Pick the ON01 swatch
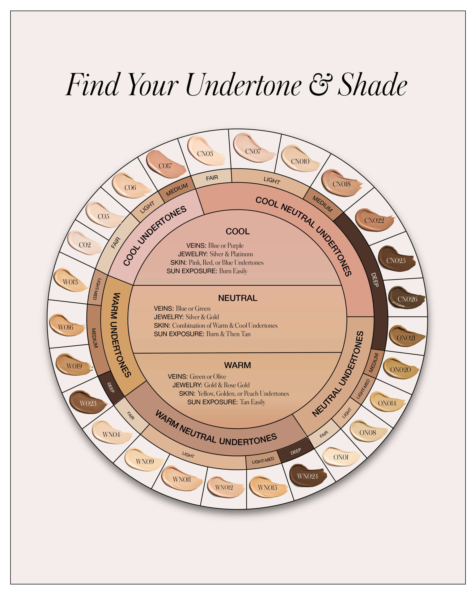pyautogui.click(x=341, y=457)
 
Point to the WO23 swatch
pyautogui.click(x=88, y=403)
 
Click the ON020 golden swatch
pyautogui.click(x=400, y=369)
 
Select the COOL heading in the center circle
pyautogui.click(x=238, y=231)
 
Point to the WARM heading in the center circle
pyautogui.click(x=238, y=365)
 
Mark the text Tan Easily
pyautogui.click(x=253, y=402)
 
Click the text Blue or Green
pyautogui.click(x=193, y=308)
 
